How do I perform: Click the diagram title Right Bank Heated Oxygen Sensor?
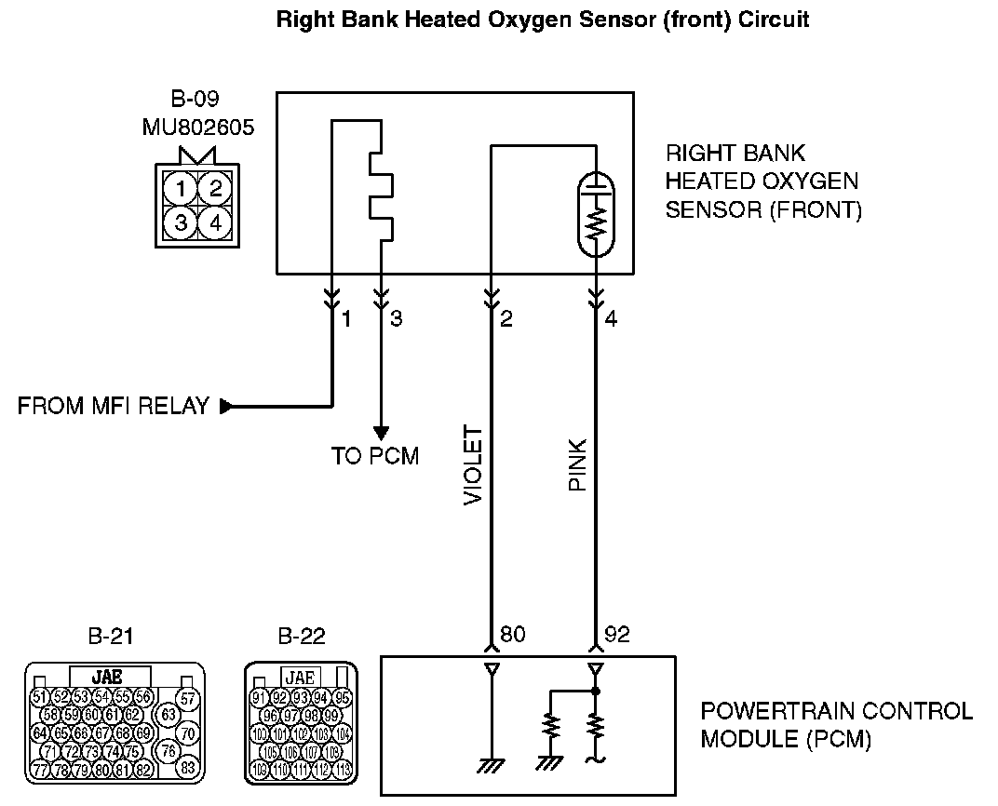[x=543, y=20]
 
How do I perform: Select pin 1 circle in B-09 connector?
[x=182, y=190]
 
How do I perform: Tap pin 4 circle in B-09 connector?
[x=215, y=222]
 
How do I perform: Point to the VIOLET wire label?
[x=473, y=465]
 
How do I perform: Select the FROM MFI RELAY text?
[x=114, y=407]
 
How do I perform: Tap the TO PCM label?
[x=375, y=456]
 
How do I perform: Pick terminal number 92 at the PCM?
[x=618, y=635]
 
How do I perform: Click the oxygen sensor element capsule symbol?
[x=595, y=213]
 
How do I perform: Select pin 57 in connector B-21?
[x=188, y=698]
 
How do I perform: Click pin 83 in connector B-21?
[x=188, y=768]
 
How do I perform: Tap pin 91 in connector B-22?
[x=259, y=698]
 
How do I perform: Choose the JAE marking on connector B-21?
[x=110, y=677]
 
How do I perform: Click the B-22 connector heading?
[x=302, y=637]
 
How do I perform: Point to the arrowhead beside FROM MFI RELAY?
[x=226, y=406]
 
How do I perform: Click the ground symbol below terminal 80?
[x=490, y=765]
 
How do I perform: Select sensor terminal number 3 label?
[x=397, y=319]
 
